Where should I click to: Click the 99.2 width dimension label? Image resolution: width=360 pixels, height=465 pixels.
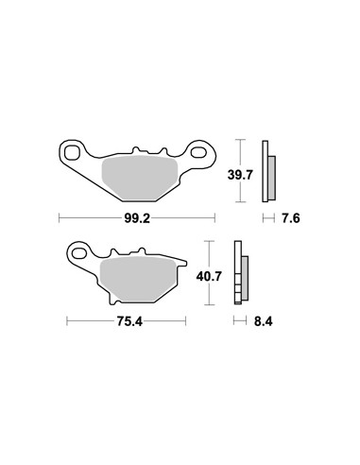coord(137,218)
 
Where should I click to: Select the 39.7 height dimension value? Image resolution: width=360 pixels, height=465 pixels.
coord(240,175)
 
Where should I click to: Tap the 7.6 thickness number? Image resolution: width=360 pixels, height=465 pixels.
coord(291,218)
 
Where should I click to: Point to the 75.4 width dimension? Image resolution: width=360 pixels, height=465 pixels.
coord(129,321)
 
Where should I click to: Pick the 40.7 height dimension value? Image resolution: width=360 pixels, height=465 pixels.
coord(209,277)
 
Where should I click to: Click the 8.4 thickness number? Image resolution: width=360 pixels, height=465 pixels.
coord(264,321)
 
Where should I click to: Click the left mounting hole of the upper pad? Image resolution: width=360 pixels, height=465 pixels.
coord(72,153)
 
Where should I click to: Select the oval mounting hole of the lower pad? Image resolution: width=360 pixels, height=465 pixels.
coord(79,253)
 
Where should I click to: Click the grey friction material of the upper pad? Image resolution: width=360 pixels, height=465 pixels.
coord(139,179)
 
